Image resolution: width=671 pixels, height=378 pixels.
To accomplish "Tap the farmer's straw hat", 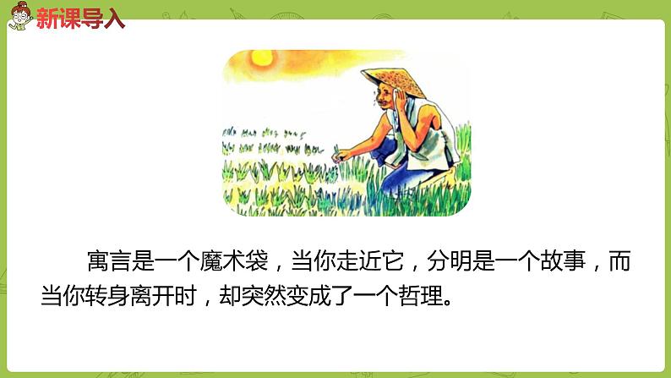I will tap(390, 74).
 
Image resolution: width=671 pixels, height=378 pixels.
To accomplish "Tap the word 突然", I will tap(265, 298).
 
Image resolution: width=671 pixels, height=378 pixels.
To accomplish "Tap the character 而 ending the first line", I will tap(621, 262).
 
